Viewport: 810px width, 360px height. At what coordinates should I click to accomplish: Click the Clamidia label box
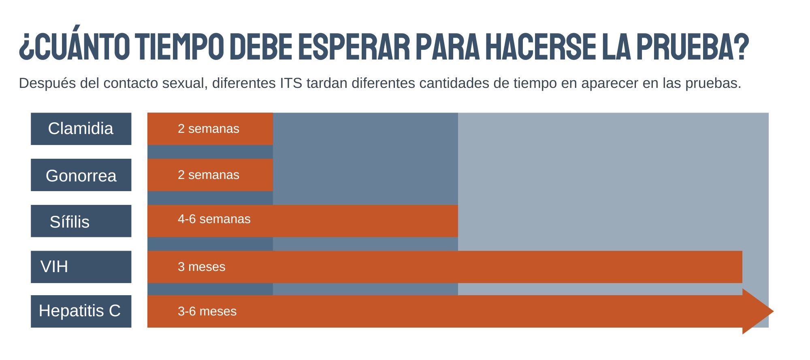tap(81, 129)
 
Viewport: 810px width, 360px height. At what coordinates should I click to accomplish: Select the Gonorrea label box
tap(81, 175)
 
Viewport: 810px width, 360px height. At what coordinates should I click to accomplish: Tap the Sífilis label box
tap(81, 221)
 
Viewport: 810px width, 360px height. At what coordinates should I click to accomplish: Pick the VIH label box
tap(81, 267)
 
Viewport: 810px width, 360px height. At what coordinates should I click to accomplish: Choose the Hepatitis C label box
tap(81, 311)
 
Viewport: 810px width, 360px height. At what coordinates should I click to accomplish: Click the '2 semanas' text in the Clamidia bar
tap(208, 129)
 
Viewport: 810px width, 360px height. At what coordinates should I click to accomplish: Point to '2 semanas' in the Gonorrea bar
tap(208, 175)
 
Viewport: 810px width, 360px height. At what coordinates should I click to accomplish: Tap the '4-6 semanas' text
tap(214, 219)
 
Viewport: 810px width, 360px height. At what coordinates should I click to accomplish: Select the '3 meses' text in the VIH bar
tap(201, 267)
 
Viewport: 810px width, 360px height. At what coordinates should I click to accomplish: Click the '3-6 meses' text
tap(207, 311)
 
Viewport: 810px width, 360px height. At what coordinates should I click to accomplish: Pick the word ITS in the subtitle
tap(291, 83)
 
